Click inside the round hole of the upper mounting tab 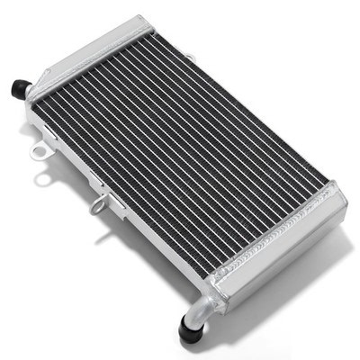click(x=39, y=151)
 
